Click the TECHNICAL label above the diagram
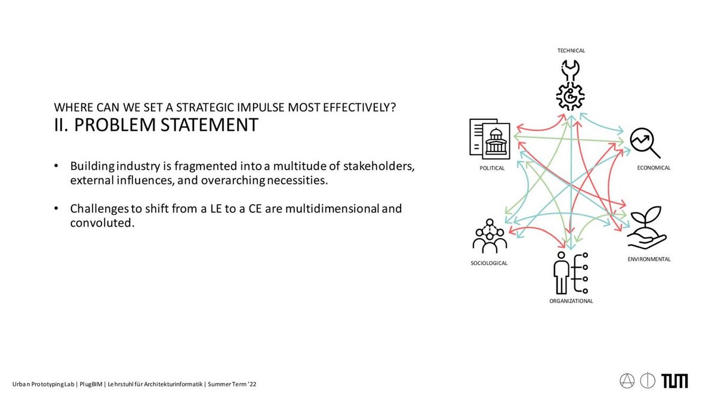571,51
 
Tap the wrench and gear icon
571,85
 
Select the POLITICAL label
492,168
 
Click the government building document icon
489,138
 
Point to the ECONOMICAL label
654,168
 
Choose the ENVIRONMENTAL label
649,259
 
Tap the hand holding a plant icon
647,227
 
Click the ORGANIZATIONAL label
571,301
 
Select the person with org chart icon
571,273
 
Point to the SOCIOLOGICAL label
489,263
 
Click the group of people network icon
489,236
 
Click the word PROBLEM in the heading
116,125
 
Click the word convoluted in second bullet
102,223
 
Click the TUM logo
675,381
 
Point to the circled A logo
627,381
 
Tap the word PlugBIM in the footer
91,384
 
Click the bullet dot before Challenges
56,208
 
